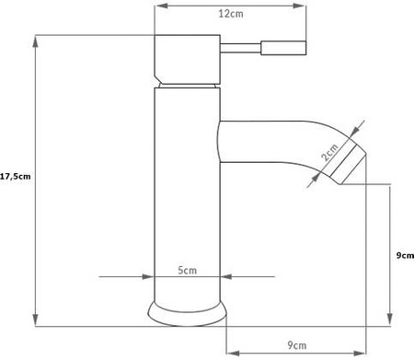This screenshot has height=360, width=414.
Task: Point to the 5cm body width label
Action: pos(187,270)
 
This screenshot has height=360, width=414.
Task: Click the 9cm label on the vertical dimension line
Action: pos(403,258)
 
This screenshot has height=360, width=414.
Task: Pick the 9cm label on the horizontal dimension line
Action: pos(295,344)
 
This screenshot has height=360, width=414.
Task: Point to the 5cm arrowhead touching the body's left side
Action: pos(149,276)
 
